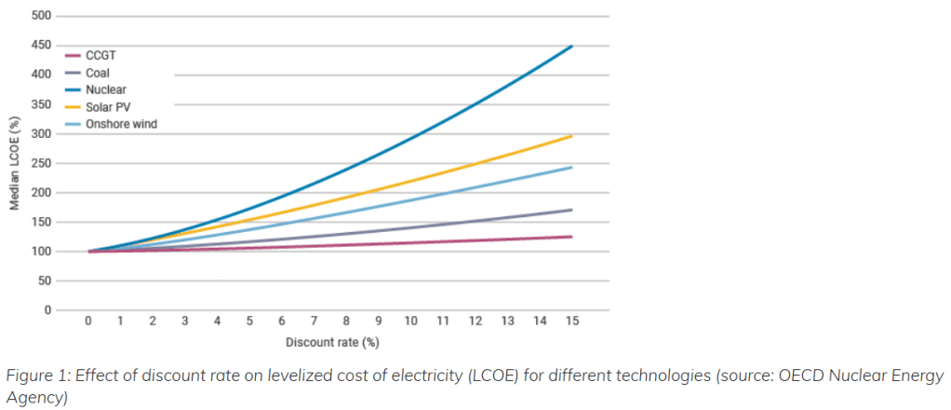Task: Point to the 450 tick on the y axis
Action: (40, 46)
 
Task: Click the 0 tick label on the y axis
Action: (46, 310)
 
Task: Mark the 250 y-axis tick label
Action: (40, 163)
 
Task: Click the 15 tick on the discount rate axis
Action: (571, 321)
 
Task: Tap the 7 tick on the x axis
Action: (314, 321)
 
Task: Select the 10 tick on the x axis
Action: (410, 321)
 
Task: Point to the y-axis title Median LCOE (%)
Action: (15, 163)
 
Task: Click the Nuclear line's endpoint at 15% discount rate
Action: (571, 46)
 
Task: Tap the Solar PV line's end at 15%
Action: (571, 136)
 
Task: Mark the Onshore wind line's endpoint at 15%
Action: (571, 168)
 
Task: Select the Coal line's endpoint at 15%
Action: (571, 210)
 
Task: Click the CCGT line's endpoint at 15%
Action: (571, 237)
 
